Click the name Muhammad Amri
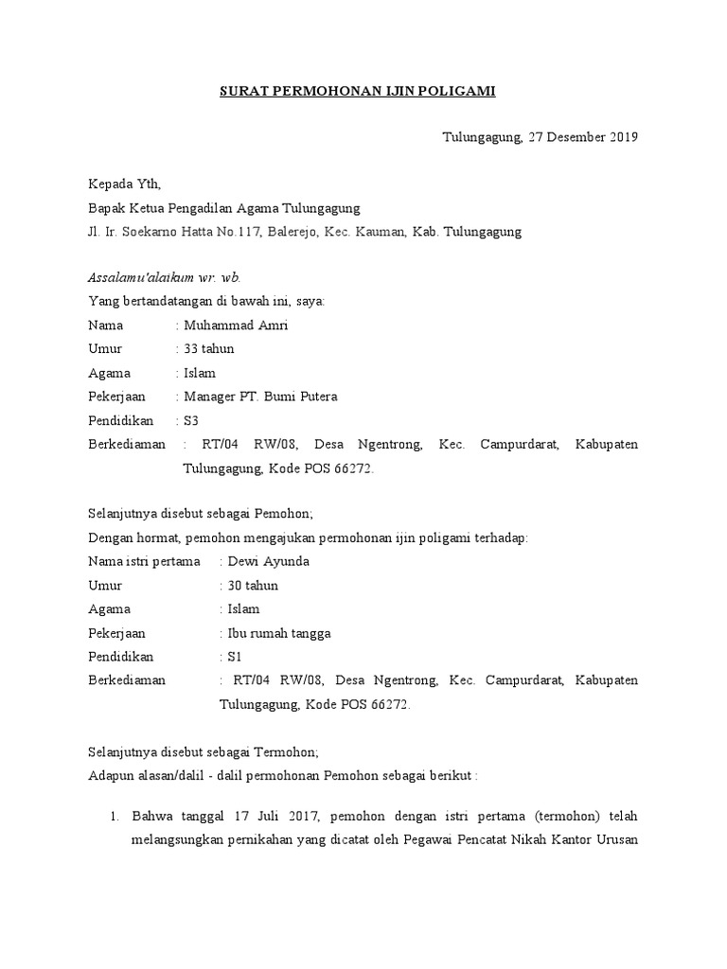tap(230, 326)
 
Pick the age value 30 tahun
tap(253, 586)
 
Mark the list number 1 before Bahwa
tap(114, 815)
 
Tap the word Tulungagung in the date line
tap(483, 137)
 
